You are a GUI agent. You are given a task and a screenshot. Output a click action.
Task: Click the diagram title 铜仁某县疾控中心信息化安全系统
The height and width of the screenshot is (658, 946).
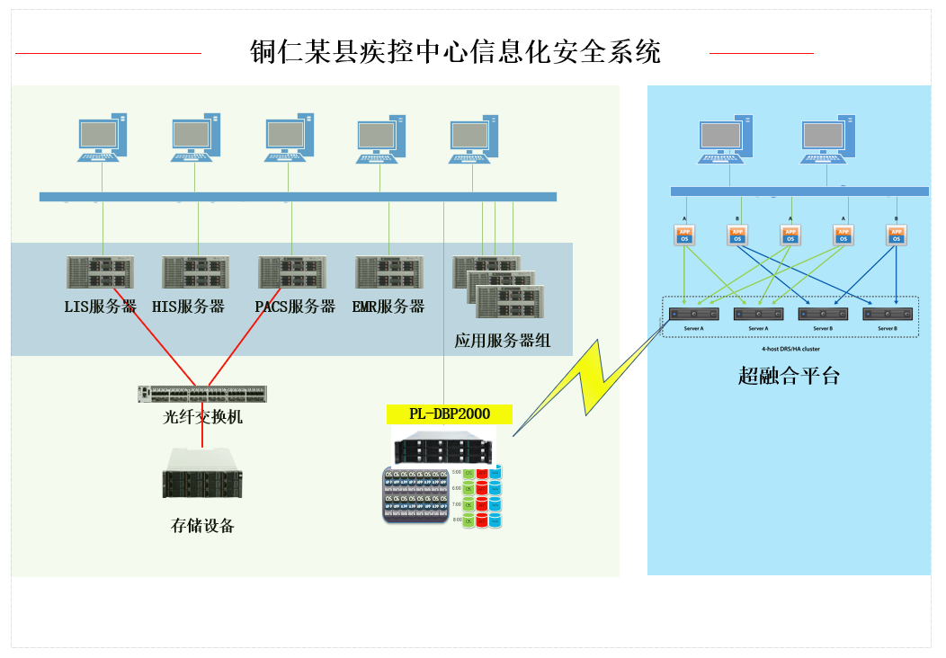point(455,52)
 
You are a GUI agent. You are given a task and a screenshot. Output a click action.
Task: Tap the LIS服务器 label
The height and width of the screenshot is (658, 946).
point(100,307)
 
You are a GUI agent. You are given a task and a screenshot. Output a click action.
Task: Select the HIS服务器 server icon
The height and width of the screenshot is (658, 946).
point(196,272)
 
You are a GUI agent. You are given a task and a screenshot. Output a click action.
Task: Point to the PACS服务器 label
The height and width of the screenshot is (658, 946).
point(294,307)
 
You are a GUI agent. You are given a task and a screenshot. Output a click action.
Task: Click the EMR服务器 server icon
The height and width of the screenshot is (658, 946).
point(388,272)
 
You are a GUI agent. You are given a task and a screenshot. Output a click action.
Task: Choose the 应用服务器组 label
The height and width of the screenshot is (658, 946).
point(502,342)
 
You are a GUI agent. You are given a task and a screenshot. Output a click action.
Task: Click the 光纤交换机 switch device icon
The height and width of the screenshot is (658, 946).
point(202,394)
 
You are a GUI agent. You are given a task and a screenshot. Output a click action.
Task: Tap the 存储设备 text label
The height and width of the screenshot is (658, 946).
point(202,526)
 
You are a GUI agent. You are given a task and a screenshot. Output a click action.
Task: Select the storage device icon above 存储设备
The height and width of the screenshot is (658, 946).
point(202,473)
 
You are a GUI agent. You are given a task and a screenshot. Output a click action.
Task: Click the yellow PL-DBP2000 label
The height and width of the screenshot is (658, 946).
point(449,414)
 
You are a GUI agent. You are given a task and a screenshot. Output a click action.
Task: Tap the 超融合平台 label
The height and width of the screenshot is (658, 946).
point(789,377)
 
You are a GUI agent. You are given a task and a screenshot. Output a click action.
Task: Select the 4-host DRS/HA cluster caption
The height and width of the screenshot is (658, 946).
point(789,348)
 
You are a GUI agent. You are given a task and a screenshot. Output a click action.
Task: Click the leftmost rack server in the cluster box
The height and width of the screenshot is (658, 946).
point(693,315)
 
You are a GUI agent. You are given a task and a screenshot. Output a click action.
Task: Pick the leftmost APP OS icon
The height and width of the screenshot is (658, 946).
point(685,236)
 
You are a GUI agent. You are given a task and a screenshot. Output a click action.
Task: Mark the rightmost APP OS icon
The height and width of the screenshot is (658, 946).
point(896,236)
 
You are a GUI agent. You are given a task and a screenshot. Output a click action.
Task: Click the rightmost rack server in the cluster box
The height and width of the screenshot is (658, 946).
point(888,315)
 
